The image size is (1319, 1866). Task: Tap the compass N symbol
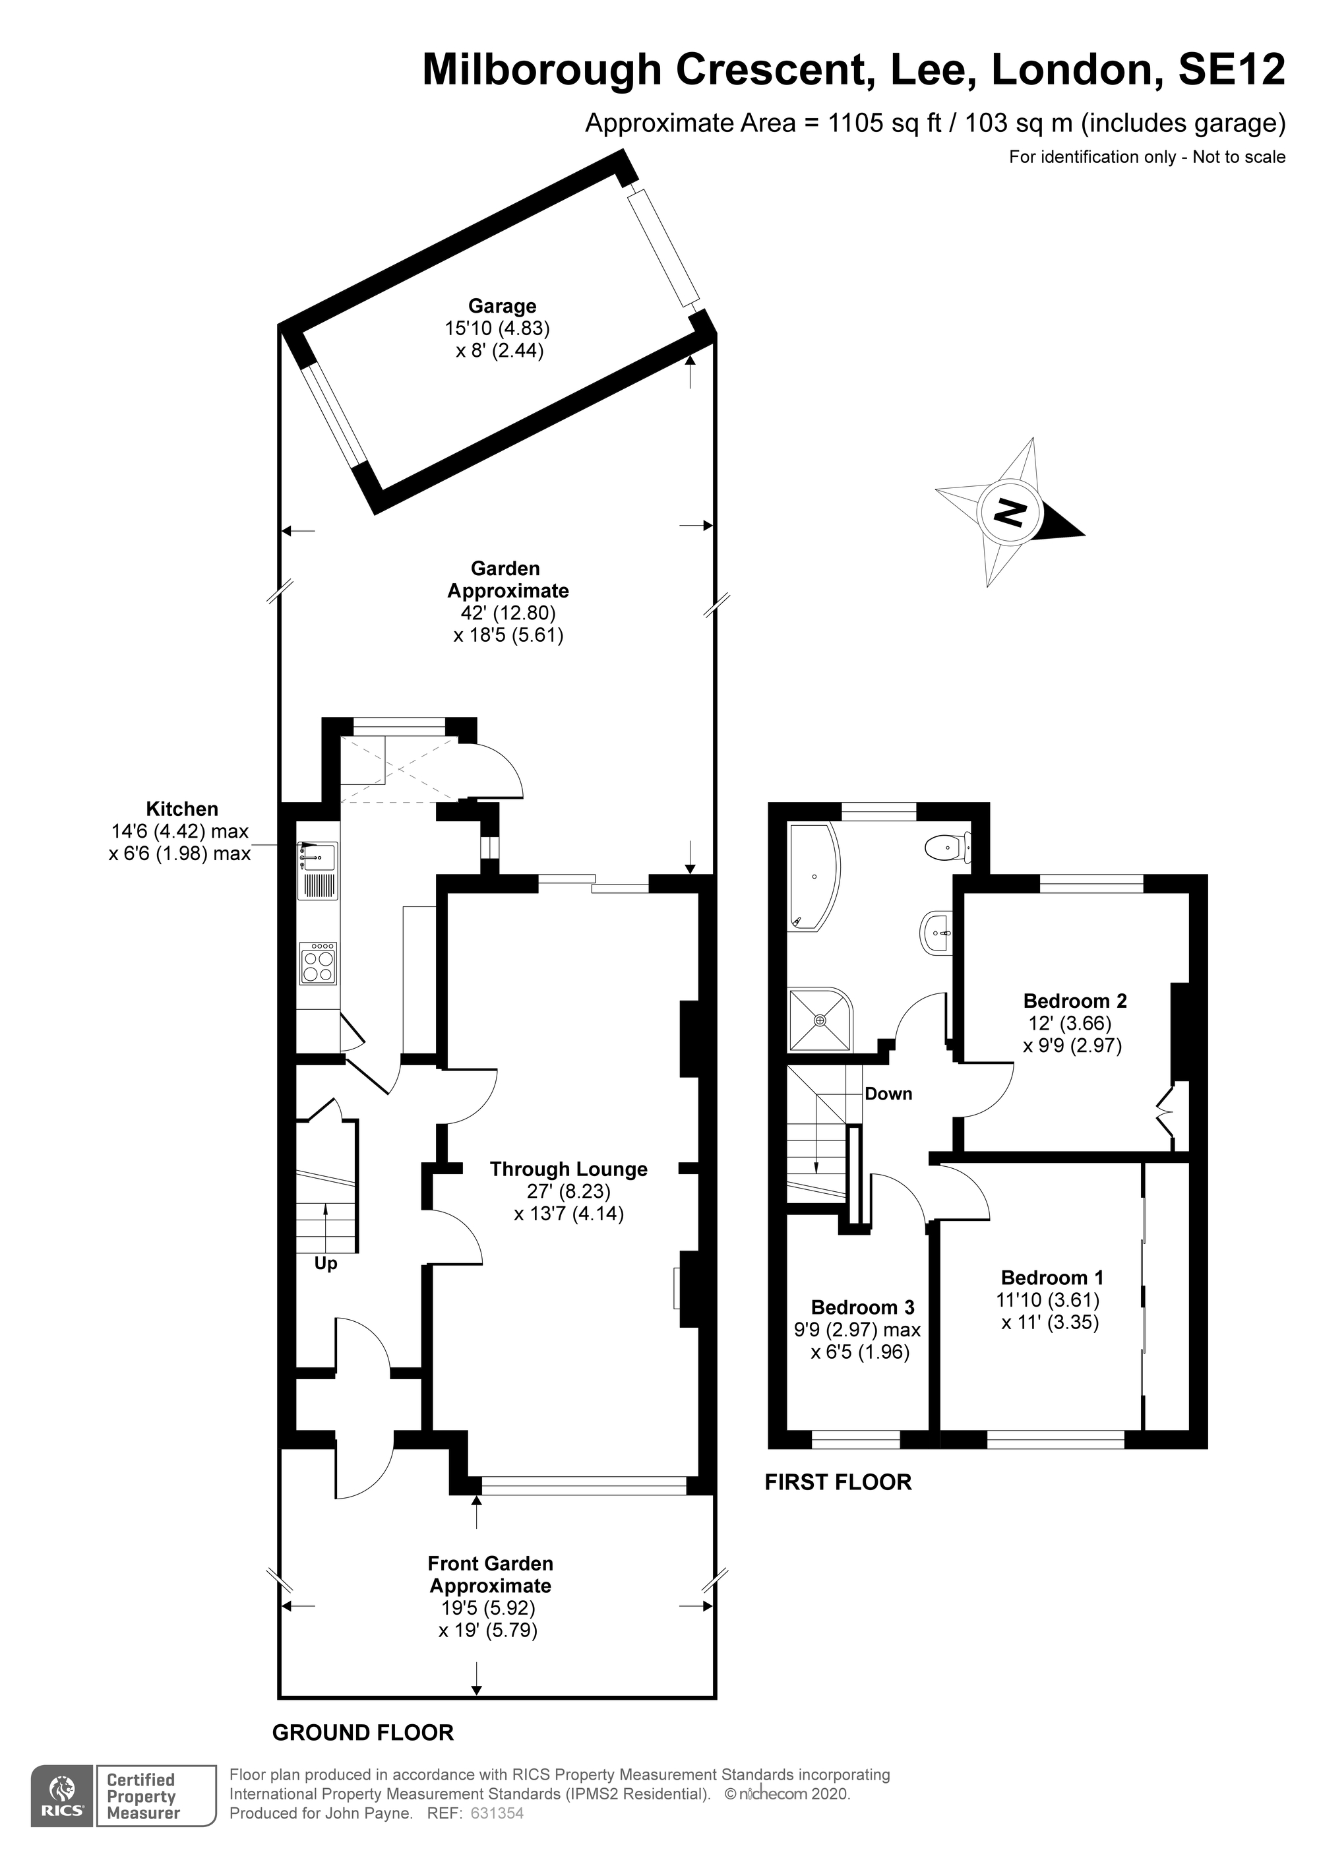[x=1011, y=512]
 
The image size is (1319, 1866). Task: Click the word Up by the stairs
[x=325, y=1264]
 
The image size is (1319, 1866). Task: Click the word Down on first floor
[x=888, y=1094]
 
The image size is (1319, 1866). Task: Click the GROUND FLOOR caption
[x=363, y=1733]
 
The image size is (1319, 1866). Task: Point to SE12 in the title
[x=1231, y=69]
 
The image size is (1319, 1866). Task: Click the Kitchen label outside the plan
[x=182, y=809]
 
